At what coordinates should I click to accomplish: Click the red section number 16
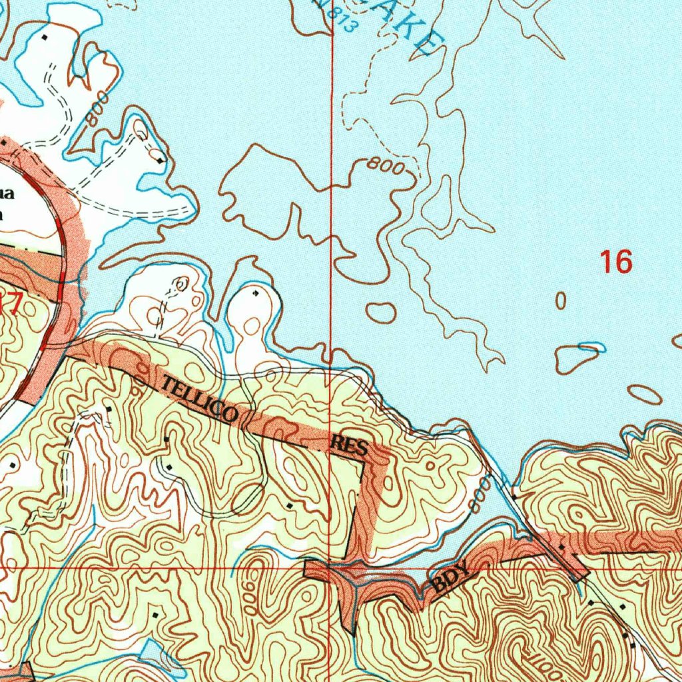coord(616,262)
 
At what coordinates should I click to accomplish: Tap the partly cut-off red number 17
coord(11,304)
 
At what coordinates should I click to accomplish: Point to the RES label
coord(350,446)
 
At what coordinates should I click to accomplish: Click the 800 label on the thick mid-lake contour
coord(386,167)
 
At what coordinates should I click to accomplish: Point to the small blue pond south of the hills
coord(157,656)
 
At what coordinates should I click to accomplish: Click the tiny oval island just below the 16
coord(561,302)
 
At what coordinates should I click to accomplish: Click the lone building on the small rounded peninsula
coord(256,292)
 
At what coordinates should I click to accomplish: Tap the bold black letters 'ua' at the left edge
coord(6,194)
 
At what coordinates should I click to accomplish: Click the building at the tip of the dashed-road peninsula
coord(161,160)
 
